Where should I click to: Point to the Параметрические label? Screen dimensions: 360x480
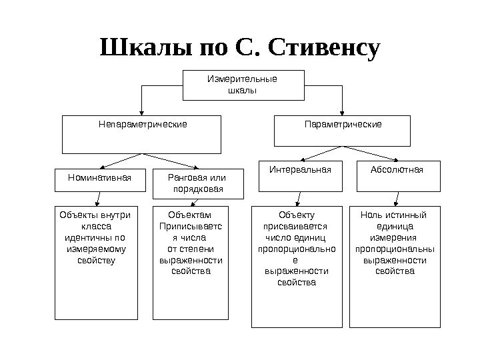343,125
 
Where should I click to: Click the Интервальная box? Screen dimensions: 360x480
300,170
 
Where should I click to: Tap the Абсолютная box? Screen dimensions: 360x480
397,170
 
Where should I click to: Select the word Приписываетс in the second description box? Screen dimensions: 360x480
191,226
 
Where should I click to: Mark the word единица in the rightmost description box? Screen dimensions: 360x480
395,226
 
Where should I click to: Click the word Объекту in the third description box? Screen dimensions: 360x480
297,215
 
